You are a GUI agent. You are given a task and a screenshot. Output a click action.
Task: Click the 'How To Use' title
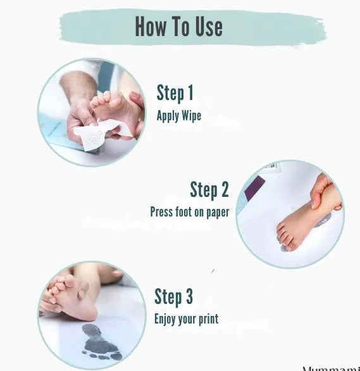178,27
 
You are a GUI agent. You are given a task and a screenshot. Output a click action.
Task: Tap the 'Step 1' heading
175,93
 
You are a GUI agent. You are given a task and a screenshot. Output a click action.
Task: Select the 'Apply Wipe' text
179,116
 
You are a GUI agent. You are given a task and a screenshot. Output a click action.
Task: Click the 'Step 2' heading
209,189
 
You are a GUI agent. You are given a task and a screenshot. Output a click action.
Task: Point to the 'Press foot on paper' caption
189,212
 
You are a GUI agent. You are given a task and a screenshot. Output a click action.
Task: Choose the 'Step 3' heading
173,296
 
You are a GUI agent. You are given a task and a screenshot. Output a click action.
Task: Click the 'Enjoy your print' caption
187,319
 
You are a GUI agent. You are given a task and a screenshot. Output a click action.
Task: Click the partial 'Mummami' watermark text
330,367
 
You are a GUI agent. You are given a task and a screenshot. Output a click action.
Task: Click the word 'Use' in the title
207,27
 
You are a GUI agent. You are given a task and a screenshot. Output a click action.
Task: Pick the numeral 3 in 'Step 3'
188,296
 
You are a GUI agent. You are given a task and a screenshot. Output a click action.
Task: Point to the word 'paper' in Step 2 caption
216,212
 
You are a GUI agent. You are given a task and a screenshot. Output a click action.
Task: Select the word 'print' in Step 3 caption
208,319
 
